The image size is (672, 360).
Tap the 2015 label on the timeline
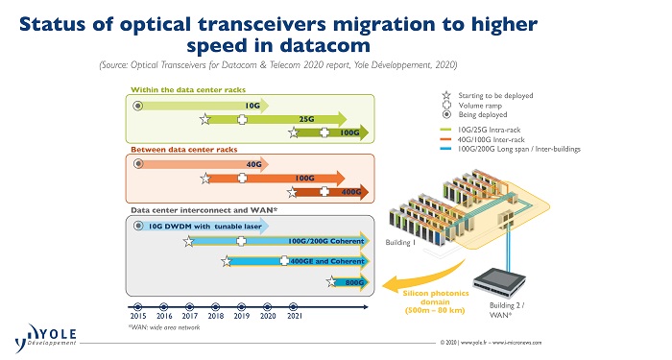pos(138,315)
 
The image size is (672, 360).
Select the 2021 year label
pos(295,315)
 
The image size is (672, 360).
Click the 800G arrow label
pos(352,282)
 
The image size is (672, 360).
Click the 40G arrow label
pos(253,164)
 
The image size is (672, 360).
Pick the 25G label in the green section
pos(307,120)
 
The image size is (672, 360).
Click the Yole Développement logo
pos(43,338)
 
